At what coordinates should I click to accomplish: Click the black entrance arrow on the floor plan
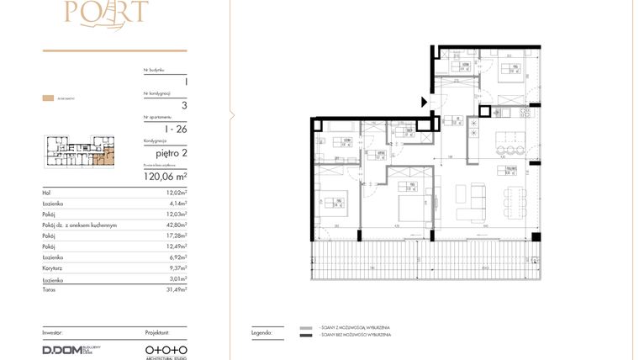pos(425,103)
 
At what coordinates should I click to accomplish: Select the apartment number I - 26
pos(176,129)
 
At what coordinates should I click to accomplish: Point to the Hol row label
pos(47,193)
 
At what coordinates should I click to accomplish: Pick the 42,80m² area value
pos(176,225)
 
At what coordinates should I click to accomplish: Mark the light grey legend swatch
pos(305,327)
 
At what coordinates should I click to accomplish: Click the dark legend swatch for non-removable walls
pos(305,336)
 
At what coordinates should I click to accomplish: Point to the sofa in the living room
pos(478,199)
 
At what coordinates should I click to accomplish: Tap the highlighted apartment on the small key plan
pos(105,157)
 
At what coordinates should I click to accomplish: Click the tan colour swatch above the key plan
pos(48,98)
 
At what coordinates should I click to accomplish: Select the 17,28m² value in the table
pos(176,236)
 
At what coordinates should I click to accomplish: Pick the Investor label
pos(52,332)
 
